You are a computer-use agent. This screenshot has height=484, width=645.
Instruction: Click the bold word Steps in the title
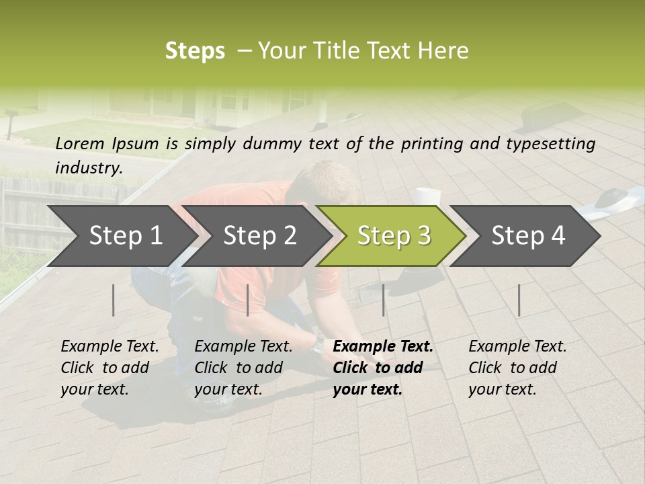point(195,50)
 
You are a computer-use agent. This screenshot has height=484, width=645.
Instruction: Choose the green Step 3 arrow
point(394,235)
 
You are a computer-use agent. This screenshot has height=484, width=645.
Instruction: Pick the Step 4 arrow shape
point(528,235)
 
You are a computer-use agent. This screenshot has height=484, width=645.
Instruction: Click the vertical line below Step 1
point(114,300)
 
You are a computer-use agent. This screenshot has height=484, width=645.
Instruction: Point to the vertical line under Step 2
point(248,300)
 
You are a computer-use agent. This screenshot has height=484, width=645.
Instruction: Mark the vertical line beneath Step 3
point(383,300)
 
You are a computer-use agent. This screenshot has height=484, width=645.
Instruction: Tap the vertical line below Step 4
point(519,300)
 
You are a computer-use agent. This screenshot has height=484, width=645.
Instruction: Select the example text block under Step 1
point(110,367)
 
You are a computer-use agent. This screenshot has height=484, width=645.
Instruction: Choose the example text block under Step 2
point(243,367)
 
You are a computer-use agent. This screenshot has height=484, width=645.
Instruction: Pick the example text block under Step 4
point(517,367)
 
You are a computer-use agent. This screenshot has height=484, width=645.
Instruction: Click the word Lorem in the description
point(80,143)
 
